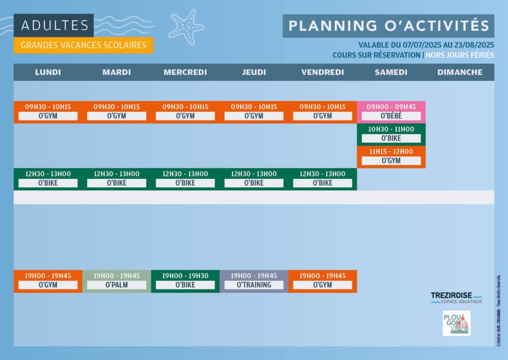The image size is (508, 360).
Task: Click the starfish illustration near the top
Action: tap(187, 27)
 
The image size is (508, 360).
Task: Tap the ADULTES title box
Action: tap(54, 25)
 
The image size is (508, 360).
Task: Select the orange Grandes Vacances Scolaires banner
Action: tap(83, 45)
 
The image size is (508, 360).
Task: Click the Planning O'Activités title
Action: tap(388, 26)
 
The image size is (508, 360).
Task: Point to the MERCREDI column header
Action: tap(186, 72)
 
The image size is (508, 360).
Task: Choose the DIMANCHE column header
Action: tap(460, 72)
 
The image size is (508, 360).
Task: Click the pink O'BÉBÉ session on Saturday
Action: tap(391, 112)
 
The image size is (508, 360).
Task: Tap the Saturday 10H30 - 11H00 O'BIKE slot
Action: tap(391, 134)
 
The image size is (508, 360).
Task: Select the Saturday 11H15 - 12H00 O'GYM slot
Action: tap(391, 157)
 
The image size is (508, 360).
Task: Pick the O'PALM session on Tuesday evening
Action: tap(117, 281)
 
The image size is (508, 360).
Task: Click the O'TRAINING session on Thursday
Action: tap(254, 281)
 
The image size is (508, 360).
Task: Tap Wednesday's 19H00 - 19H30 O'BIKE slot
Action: tap(186, 281)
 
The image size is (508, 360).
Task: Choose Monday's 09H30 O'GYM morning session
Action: tap(48, 112)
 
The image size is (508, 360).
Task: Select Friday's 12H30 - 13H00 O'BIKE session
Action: tap(322, 179)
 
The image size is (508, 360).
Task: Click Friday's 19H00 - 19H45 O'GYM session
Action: tap(322, 281)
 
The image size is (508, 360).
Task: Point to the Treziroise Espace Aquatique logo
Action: tap(456, 298)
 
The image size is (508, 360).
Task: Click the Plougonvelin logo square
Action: tap(456, 323)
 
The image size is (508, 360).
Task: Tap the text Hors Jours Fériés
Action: tap(460, 55)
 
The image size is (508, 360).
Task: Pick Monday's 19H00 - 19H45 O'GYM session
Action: tap(48, 281)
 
